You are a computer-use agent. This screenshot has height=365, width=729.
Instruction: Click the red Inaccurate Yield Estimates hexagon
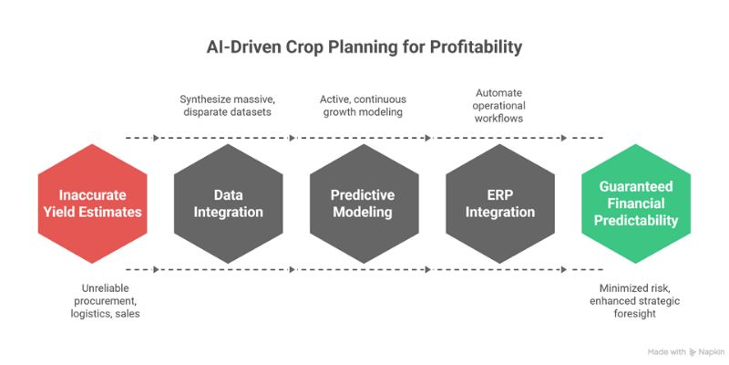point(92,203)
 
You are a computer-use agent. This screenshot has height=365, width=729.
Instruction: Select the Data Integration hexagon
point(227,203)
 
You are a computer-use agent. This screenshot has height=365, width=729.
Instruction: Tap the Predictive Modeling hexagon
point(364,203)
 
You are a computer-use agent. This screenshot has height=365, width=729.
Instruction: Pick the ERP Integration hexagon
point(500,203)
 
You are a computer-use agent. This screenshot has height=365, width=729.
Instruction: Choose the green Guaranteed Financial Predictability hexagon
point(637,203)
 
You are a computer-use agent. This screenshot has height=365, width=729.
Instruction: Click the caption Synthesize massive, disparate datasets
point(226,105)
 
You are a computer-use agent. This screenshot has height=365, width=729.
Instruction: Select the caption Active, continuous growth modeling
point(364,105)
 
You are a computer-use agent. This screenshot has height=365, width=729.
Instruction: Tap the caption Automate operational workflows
point(500,105)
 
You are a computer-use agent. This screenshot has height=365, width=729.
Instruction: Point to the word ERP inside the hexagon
point(500,194)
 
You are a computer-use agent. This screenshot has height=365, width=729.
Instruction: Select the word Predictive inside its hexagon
point(364,194)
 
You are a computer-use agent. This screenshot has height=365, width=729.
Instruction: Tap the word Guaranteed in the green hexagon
point(637,185)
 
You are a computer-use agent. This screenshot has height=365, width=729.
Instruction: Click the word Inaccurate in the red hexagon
point(92,194)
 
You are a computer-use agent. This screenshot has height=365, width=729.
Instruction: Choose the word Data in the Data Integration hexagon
point(227,194)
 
